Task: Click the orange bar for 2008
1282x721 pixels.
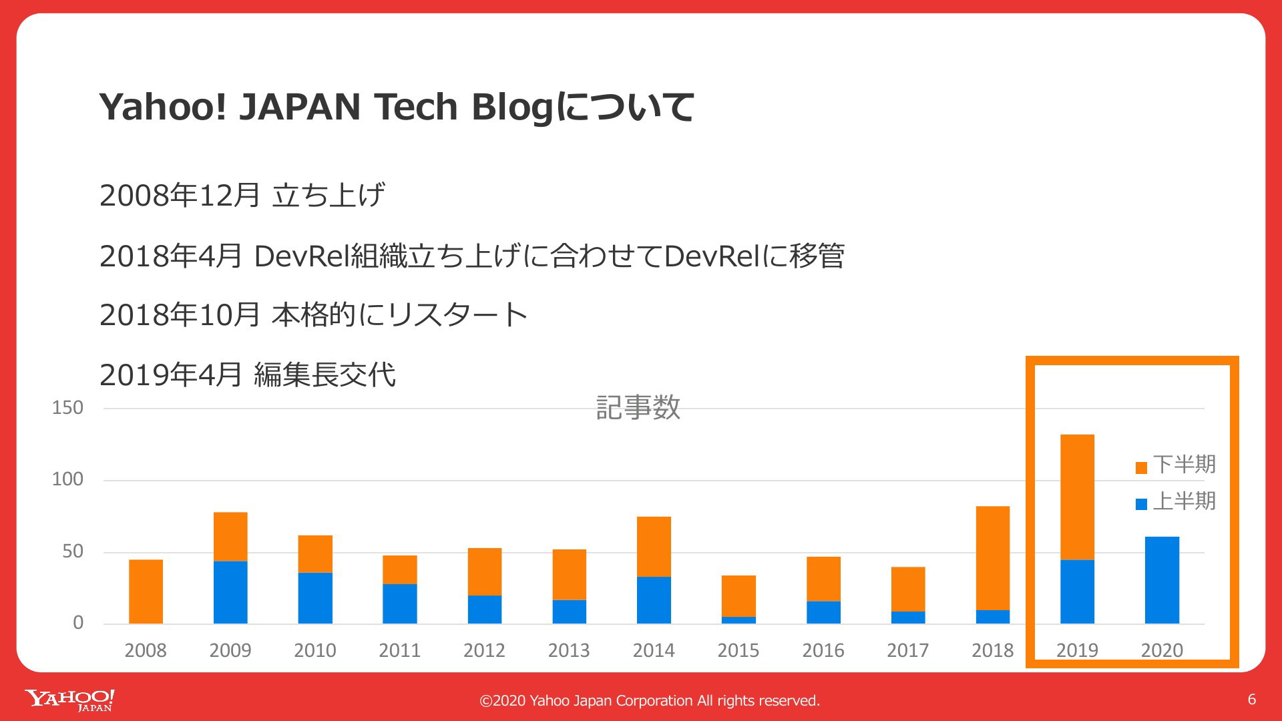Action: [146, 591]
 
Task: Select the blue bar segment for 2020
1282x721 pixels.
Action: [1162, 580]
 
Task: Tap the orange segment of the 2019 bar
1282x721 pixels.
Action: [1077, 497]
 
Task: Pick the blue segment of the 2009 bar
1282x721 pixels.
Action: [230, 592]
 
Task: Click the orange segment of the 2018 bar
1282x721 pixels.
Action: [993, 558]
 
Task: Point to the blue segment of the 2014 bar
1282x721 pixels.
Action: [654, 600]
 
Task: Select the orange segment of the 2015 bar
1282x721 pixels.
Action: [738, 596]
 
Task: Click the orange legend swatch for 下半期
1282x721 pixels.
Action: [1141, 467]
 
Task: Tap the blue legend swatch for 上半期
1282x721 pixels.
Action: [1141, 504]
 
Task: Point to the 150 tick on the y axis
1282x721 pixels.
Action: [67, 408]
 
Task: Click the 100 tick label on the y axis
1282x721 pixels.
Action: [67, 479]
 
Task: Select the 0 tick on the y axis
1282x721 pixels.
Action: [78, 623]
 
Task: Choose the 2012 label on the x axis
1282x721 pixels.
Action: [484, 650]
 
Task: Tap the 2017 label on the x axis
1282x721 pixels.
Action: [907, 650]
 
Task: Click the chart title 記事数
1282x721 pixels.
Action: [638, 407]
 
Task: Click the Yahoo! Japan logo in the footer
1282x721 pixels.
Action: [70, 700]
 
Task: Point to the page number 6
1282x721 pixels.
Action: [1252, 699]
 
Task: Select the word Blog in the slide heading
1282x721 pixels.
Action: [513, 108]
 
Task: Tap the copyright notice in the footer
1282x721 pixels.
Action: [650, 700]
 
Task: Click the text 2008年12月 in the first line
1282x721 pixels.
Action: [180, 196]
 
